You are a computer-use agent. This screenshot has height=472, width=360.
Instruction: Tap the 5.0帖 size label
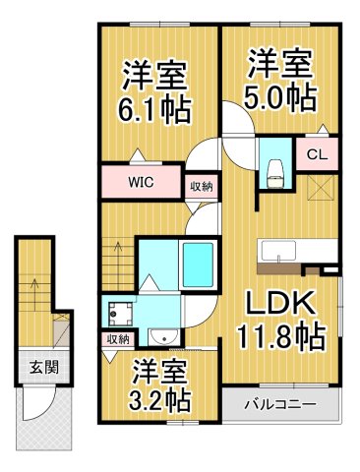[x=281, y=98]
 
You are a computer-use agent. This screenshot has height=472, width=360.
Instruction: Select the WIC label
[x=140, y=183]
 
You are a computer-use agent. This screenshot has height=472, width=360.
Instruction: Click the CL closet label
[x=318, y=153]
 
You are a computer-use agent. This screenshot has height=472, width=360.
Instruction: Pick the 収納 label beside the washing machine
[x=118, y=339]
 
